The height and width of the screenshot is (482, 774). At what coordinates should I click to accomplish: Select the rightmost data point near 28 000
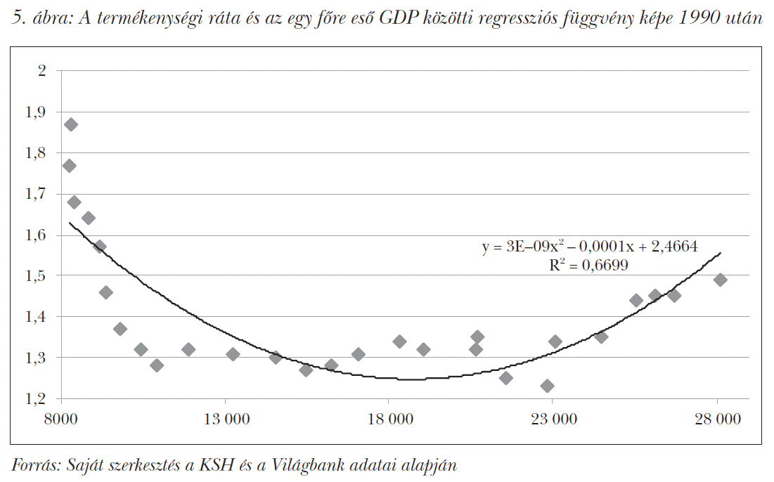tap(720, 280)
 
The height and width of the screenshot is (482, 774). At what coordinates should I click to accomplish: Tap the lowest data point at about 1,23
tap(548, 386)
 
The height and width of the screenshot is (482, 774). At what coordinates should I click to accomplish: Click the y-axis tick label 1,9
tap(36, 112)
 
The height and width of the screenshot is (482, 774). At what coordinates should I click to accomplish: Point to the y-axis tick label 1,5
tap(36, 275)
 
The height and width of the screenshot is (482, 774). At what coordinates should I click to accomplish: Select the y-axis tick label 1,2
tap(36, 398)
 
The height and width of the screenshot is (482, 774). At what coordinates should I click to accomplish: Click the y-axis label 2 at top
tap(41, 70)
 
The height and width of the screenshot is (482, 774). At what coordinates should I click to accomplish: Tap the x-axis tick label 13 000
tap(226, 419)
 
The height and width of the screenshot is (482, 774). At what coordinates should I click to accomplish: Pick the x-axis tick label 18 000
tap(389, 419)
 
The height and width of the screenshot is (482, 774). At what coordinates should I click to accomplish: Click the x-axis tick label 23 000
tap(553, 419)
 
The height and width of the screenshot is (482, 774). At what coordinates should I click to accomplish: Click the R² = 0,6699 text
tap(588, 265)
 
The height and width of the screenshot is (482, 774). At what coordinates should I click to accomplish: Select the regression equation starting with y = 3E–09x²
tap(590, 247)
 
